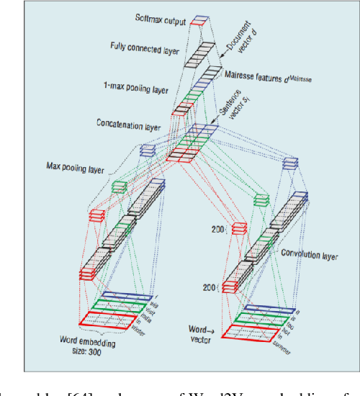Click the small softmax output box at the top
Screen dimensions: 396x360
coord(200,21)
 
